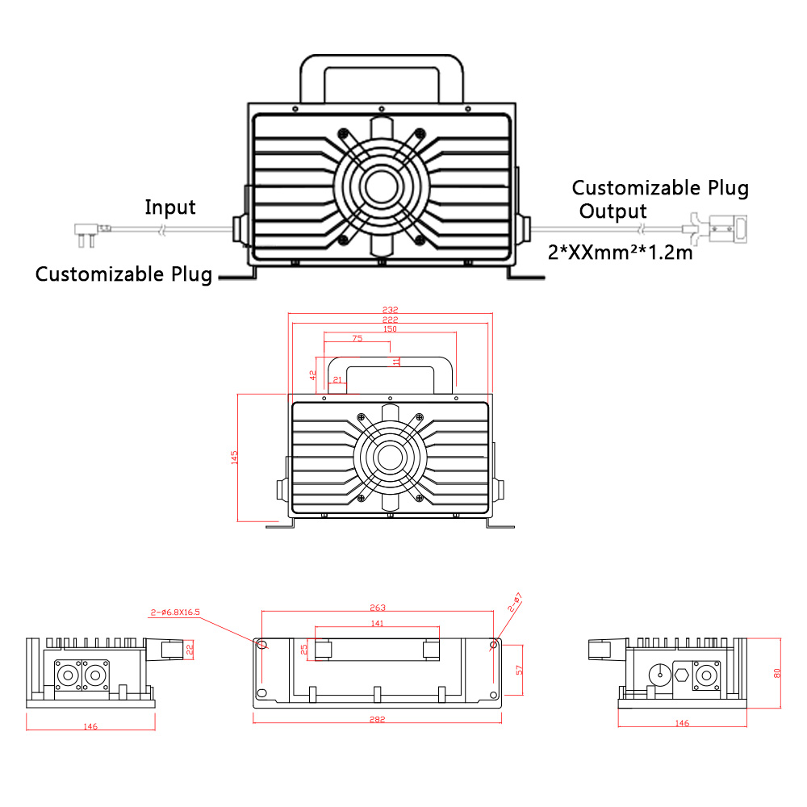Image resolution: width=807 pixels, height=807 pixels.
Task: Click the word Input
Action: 170,207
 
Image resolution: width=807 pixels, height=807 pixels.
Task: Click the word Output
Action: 613,211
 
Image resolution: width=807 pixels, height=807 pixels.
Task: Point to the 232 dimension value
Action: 391,310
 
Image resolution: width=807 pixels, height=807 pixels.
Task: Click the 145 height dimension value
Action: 235,458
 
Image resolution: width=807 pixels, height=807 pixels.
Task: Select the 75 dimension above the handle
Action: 357,339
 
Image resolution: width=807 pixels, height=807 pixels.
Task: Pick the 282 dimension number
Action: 378,719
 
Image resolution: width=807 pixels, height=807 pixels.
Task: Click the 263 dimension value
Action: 378,607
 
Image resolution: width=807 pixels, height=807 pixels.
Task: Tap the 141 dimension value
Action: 377,623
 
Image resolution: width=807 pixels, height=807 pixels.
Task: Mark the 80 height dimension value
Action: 777,672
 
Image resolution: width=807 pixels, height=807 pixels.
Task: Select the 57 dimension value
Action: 520,671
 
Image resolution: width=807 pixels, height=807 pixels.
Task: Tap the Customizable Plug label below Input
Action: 123,274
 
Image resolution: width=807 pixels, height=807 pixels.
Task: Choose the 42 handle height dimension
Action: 313,375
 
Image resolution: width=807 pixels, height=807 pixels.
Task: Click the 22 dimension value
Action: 190,648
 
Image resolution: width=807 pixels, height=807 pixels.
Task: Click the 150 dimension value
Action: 391,329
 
